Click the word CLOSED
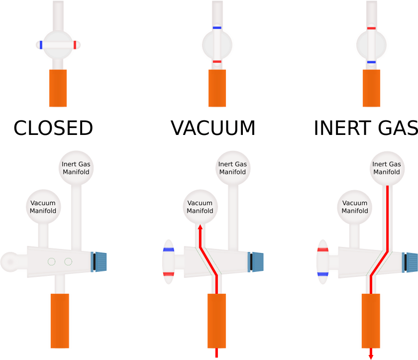(53, 128)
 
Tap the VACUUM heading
(213, 128)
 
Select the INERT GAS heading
(366, 128)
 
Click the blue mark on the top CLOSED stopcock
(41, 45)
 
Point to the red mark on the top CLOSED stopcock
(75, 45)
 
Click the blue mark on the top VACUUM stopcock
(216, 28)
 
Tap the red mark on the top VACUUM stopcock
(216, 61)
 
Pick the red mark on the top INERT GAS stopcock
(371, 28)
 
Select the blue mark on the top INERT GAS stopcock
(371, 62)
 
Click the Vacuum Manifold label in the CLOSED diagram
(43, 207)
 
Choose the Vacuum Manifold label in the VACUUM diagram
(200, 207)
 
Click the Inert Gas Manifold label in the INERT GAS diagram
(387, 168)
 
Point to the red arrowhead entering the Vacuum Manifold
(200, 227)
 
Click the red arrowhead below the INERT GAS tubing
(371, 356)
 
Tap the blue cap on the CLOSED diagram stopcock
(101, 262)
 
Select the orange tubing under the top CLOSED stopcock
(58, 88)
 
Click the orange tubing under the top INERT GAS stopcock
(371, 88)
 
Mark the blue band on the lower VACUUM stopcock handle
(168, 249)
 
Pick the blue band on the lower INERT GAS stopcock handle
(322, 274)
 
